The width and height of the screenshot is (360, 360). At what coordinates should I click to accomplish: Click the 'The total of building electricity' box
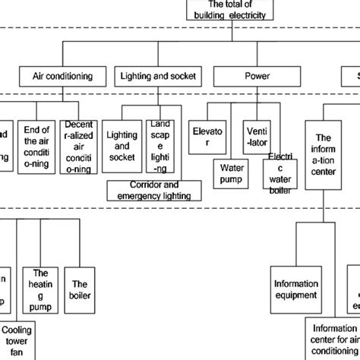[226, 10]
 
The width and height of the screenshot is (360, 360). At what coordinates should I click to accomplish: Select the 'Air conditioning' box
[62, 76]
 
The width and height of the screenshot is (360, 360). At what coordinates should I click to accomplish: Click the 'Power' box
[251, 76]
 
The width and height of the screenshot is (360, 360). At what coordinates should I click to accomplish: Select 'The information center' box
[324, 149]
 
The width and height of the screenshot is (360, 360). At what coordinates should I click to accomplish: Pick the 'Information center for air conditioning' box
[334, 339]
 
